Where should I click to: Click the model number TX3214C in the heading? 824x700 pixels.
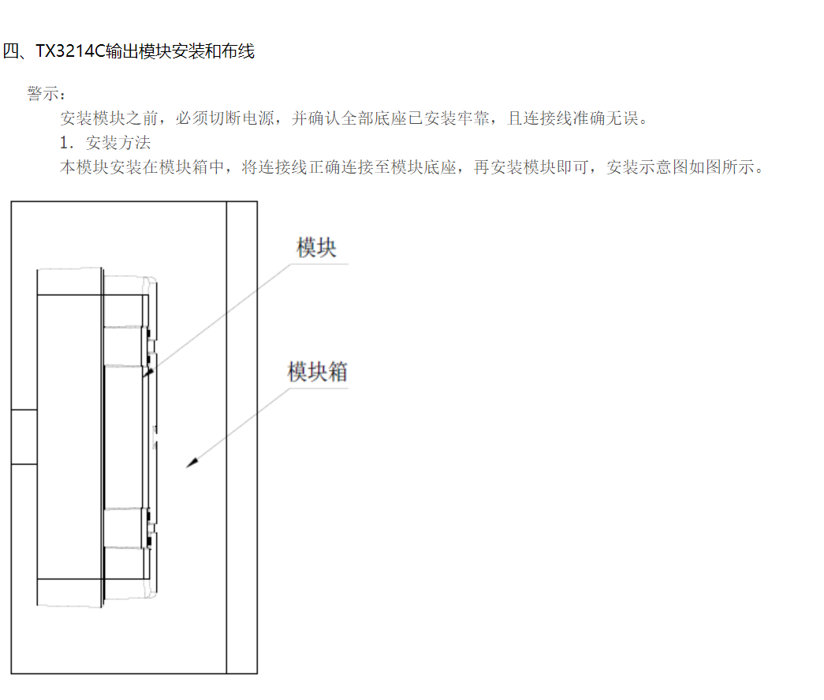point(70,52)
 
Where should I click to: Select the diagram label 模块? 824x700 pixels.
point(316,248)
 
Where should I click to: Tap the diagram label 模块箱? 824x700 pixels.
point(317,371)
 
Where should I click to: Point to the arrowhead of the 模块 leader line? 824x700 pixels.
point(146,372)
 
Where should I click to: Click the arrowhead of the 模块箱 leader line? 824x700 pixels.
point(190,464)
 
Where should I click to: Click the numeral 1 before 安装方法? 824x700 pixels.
point(65,143)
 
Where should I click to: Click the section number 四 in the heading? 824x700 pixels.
point(11,52)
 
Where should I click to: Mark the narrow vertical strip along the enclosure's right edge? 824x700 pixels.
point(241,437)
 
